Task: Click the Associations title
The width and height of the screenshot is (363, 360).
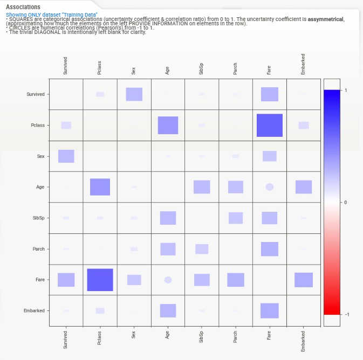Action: pos(23,7)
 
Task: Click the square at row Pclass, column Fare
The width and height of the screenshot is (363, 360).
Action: pos(269,125)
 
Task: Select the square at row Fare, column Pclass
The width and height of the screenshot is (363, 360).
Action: pos(100,280)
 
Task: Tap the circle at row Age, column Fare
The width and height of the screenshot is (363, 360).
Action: pos(269,187)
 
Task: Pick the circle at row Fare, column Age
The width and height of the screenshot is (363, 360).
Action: pos(168,280)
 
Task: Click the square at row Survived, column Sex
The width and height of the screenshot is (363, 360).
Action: pos(134,94)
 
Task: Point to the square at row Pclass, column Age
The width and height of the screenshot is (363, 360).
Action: pos(168,125)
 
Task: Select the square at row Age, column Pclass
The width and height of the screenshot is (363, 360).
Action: pos(100,187)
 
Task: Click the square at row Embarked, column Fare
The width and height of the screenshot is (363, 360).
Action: pos(269,310)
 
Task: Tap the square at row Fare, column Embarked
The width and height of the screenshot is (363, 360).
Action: pos(304,280)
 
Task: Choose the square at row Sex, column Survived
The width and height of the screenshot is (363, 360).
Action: pos(66,156)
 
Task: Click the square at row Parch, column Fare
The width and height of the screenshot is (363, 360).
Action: pos(269,249)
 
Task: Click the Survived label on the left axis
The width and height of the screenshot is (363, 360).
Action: pos(36,94)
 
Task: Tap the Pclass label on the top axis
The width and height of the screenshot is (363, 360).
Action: pos(99,70)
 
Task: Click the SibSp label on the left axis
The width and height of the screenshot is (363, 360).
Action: pos(38,218)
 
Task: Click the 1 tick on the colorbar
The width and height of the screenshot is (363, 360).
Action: pos(345,90)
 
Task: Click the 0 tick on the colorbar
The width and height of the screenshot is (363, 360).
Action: pos(345,202)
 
